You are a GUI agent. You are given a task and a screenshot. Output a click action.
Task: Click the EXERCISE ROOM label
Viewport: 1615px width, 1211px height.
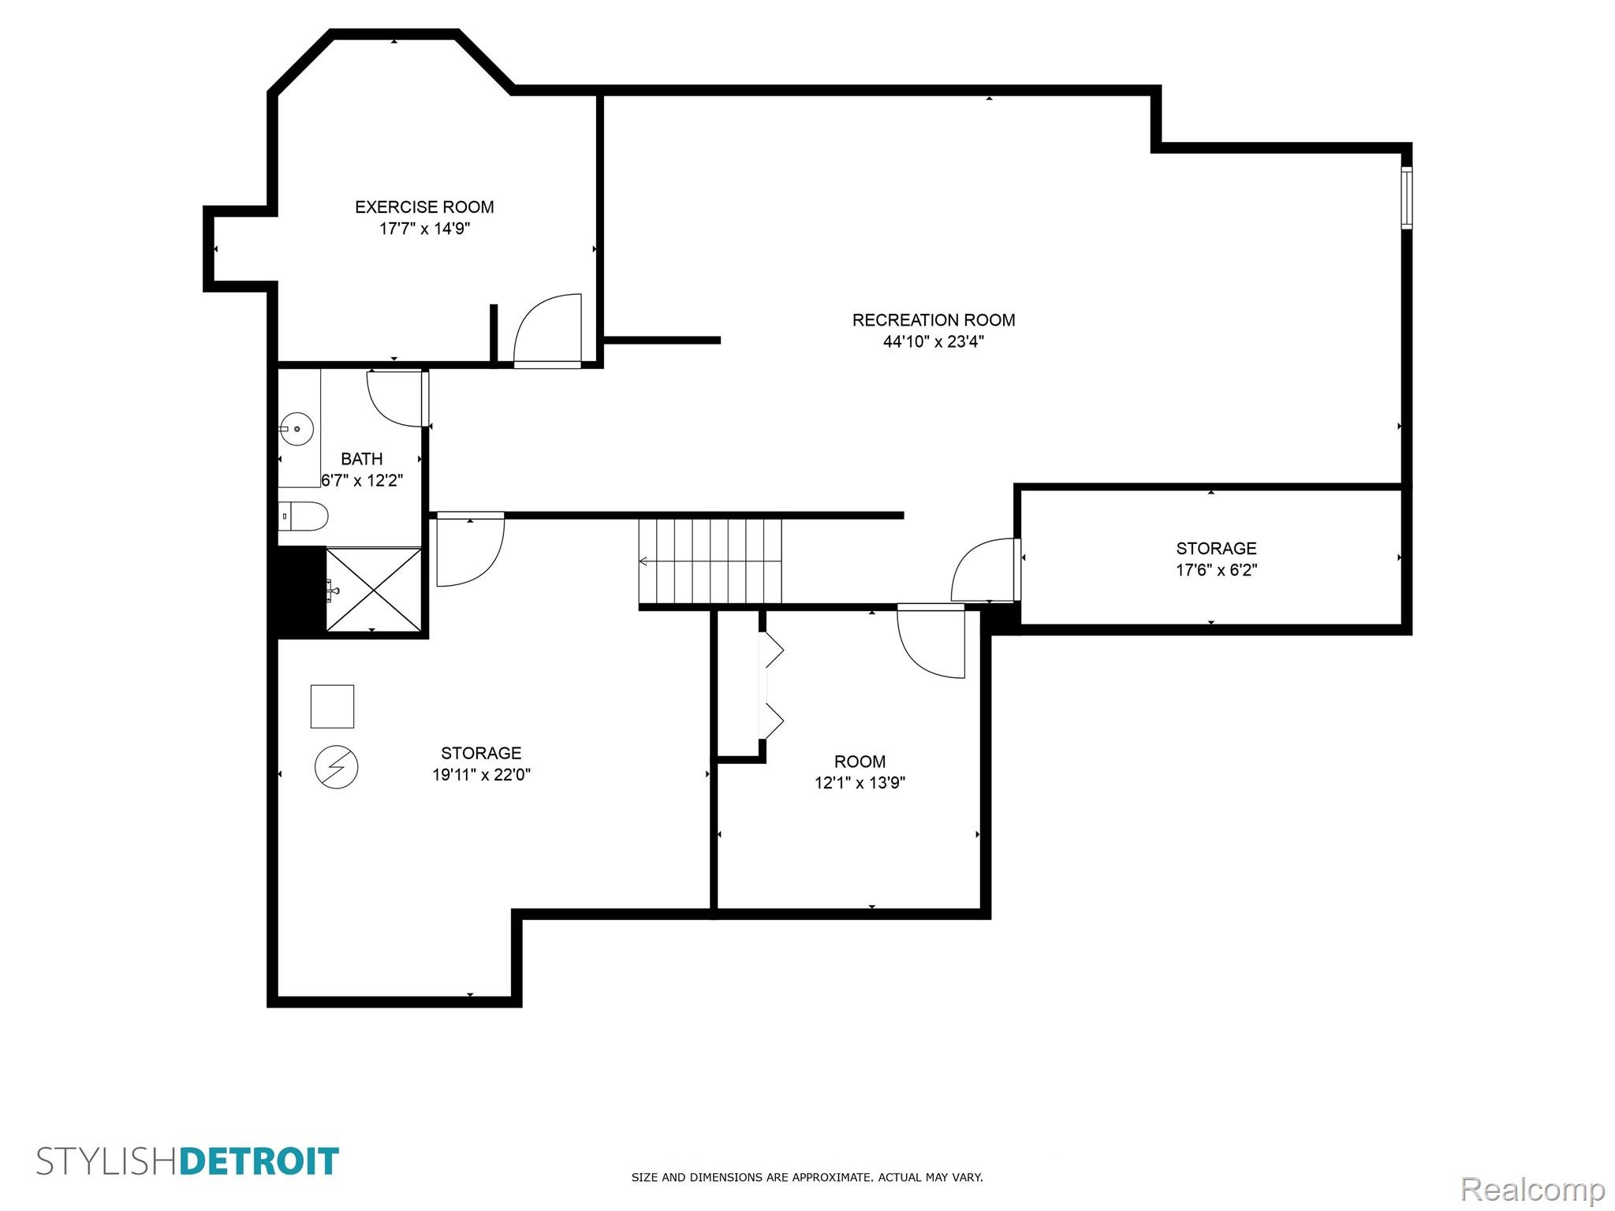(424, 207)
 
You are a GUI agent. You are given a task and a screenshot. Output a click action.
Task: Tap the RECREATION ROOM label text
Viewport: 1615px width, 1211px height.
(934, 320)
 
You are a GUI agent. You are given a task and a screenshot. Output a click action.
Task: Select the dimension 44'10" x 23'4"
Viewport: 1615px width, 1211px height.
(934, 341)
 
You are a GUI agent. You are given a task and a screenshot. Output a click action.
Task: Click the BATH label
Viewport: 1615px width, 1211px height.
(362, 459)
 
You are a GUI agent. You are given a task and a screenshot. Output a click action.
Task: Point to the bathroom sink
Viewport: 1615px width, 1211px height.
(297, 430)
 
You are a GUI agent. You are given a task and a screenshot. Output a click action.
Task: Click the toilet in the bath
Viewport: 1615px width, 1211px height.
(304, 516)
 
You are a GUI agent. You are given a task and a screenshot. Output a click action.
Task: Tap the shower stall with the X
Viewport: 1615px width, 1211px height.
(374, 590)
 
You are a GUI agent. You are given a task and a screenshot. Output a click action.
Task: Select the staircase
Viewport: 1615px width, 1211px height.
(710, 561)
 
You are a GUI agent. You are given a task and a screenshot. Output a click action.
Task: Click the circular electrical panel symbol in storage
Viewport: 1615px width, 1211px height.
(337, 767)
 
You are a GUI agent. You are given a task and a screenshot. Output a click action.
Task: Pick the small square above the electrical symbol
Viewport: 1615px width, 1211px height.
(332, 706)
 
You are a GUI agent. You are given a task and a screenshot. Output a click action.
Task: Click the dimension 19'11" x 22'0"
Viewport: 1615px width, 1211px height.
(481, 775)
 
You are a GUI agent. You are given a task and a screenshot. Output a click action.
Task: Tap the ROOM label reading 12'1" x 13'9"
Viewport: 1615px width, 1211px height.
(860, 762)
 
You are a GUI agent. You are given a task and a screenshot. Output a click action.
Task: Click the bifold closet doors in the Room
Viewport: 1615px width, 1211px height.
(771, 685)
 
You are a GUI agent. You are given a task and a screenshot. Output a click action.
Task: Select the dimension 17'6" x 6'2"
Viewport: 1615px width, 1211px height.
(1217, 570)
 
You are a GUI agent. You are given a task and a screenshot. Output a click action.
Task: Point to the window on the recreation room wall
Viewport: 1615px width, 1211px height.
(1406, 198)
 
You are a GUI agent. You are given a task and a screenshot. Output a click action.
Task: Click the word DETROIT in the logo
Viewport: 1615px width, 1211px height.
(260, 1162)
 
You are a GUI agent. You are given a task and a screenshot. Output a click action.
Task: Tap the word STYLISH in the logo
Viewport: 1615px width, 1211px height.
(108, 1162)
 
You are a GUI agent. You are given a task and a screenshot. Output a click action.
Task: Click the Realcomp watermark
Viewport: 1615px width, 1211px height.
(1533, 1190)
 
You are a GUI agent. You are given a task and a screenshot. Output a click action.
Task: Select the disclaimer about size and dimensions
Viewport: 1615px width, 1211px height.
(807, 1178)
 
